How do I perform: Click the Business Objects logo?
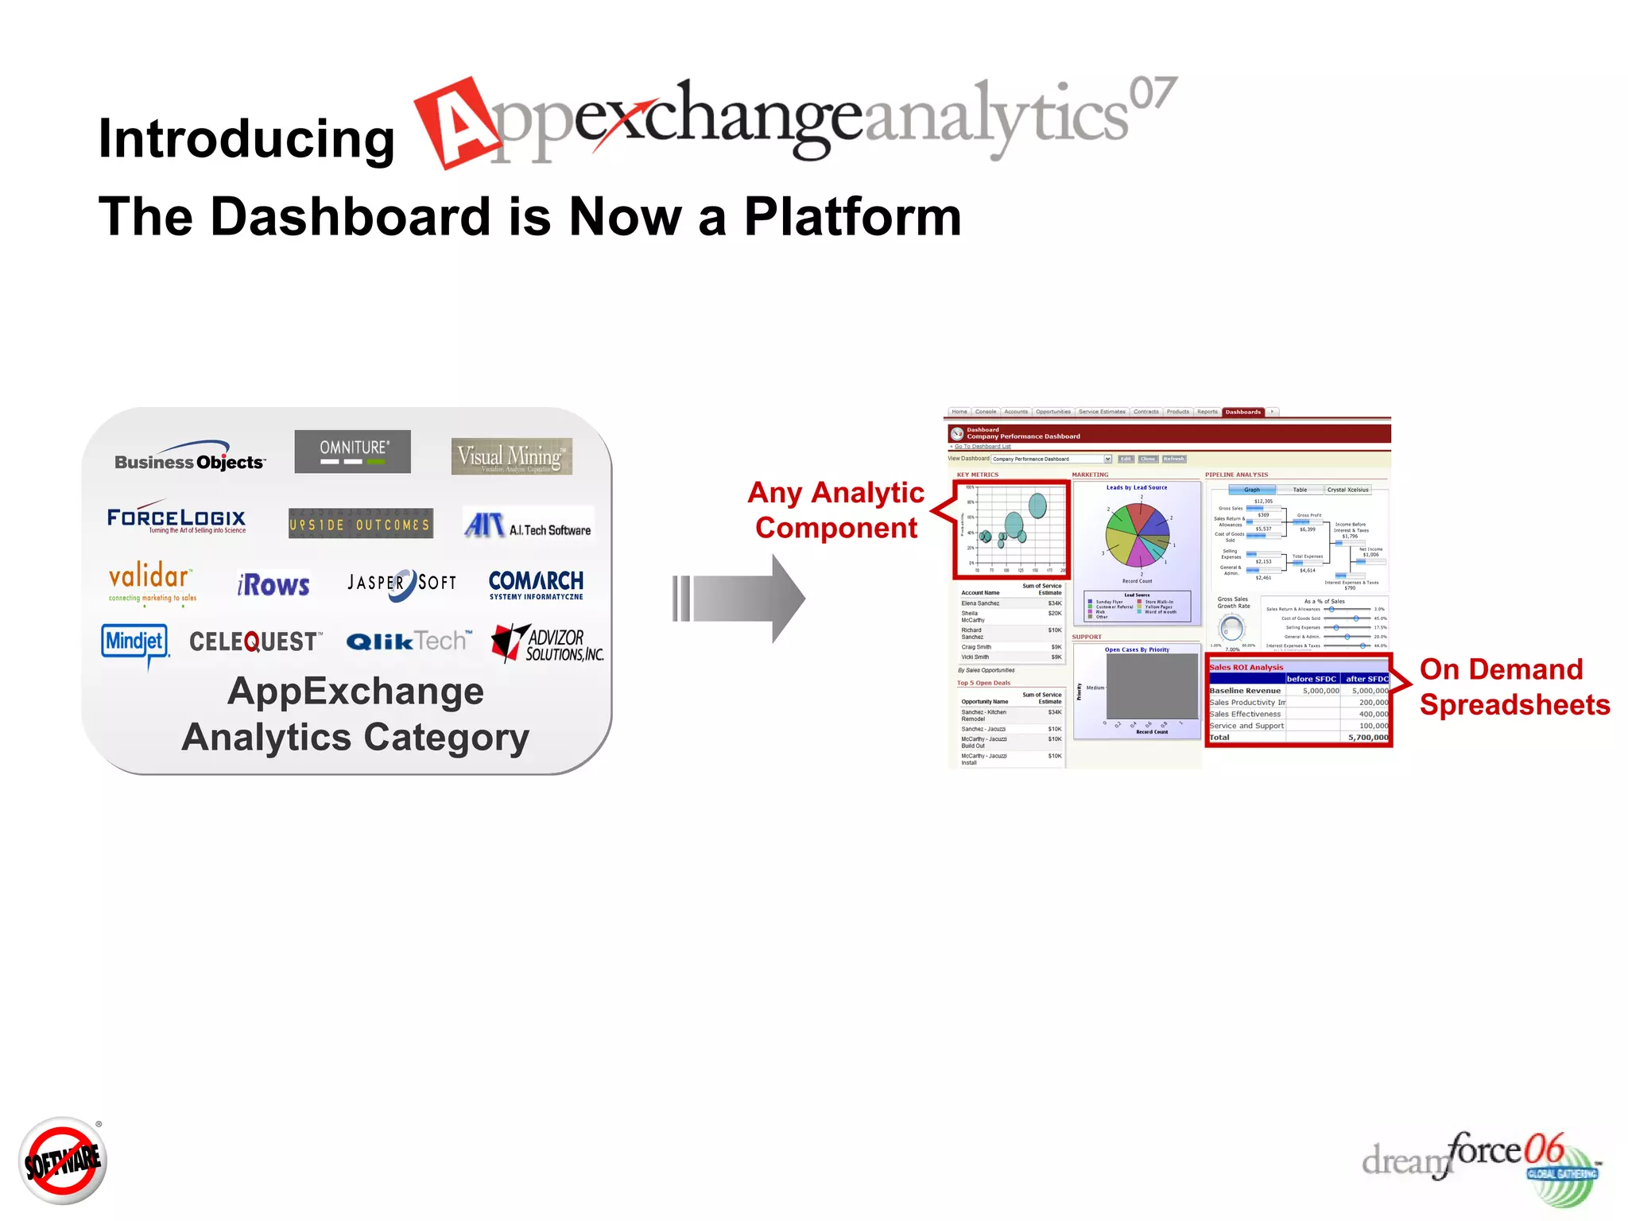[x=189, y=457]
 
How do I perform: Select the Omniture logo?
[x=353, y=452]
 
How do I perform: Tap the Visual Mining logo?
[x=511, y=457]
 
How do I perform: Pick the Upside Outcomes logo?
[x=360, y=524]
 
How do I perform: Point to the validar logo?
[x=151, y=583]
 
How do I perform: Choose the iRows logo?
[x=273, y=585]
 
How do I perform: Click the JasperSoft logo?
[x=402, y=583]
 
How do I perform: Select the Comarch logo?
[x=536, y=584]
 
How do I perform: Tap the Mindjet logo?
[x=134, y=642]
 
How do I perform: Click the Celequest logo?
[x=255, y=642]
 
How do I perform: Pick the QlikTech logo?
[x=408, y=642]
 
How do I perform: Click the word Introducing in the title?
[x=246, y=139]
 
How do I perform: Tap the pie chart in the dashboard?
[x=1138, y=534]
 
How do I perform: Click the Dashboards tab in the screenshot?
[x=1242, y=412]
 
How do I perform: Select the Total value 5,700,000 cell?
[x=1367, y=738]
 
